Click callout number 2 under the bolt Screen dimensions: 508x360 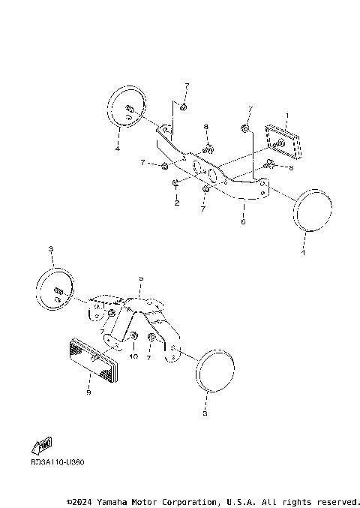click(176, 203)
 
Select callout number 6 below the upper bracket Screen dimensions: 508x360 click(242, 222)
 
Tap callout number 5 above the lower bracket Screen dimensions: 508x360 click(140, 278)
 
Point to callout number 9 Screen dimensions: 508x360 click(88, 392)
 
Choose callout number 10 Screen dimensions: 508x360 click(134, 357)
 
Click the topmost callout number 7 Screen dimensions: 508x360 click(187, 86)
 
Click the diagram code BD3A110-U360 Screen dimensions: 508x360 click(58, 462)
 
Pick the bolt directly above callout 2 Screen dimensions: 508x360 click(175, 182)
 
